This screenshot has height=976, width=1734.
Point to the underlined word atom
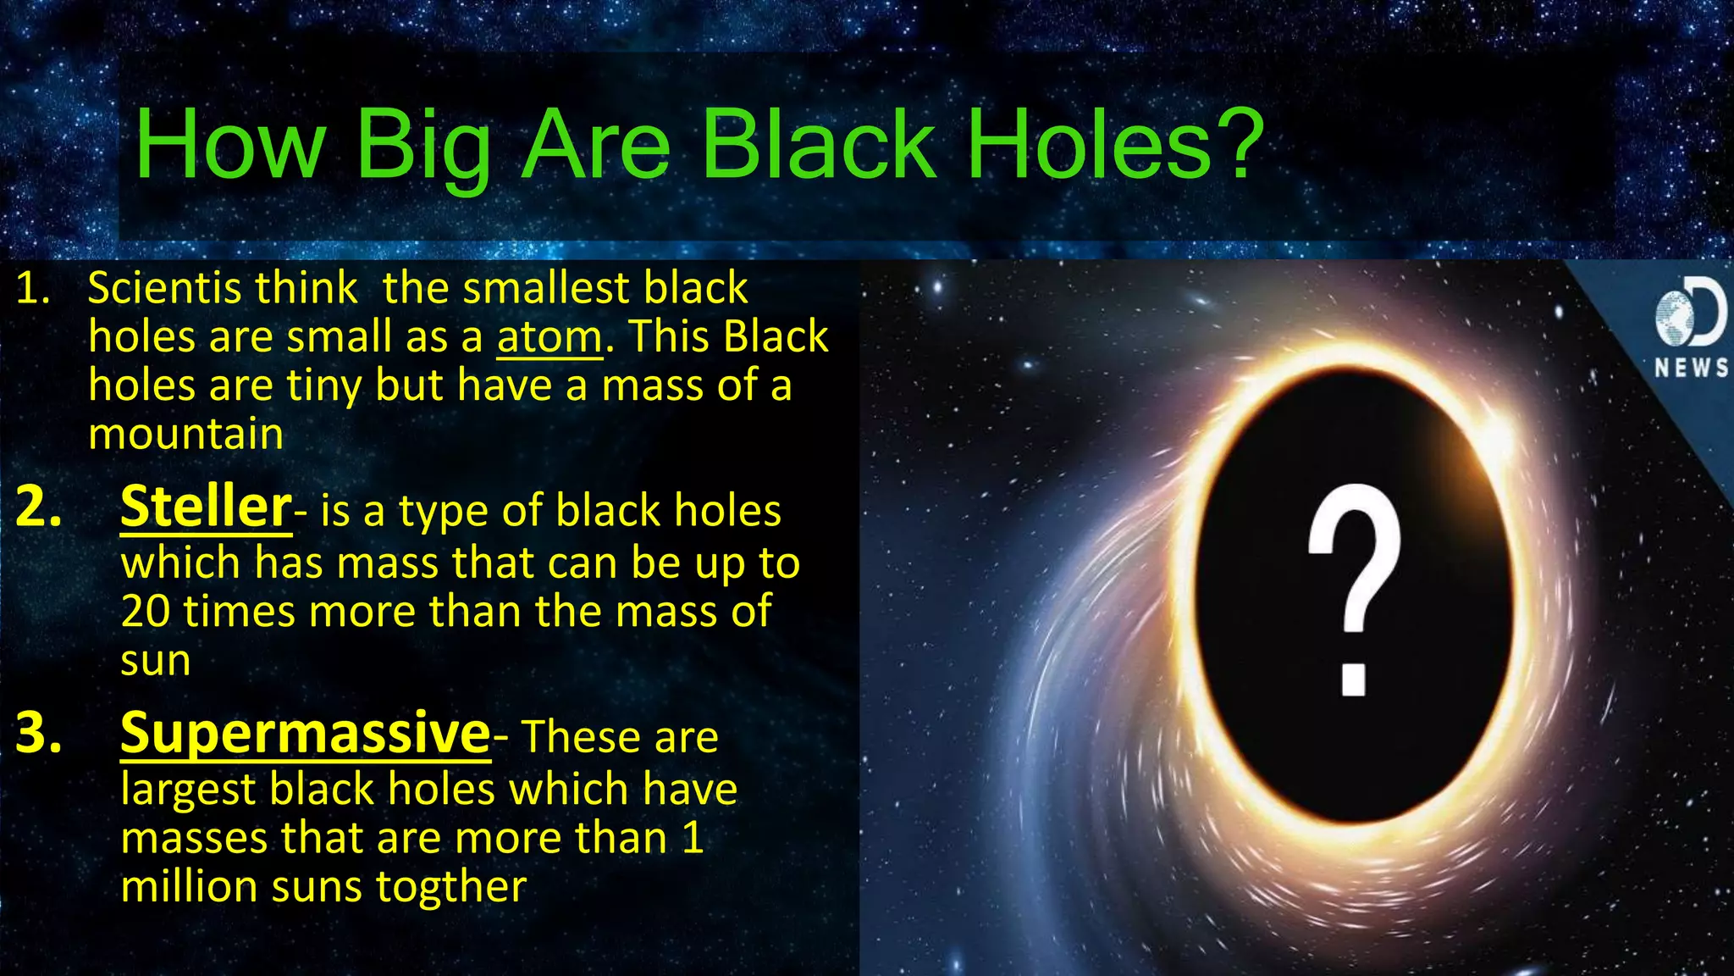(x=549, y=337)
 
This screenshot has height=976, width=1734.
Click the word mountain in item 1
(x=185, y=435)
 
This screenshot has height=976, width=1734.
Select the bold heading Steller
(x=206, y=507)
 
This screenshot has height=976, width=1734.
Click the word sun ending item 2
(x=155, y=661)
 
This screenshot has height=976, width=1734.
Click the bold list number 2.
(x=38, y=507)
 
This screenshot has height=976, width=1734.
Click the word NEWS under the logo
(x=1691, y=368)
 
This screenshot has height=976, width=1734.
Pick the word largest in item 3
(x=188, y=790)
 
